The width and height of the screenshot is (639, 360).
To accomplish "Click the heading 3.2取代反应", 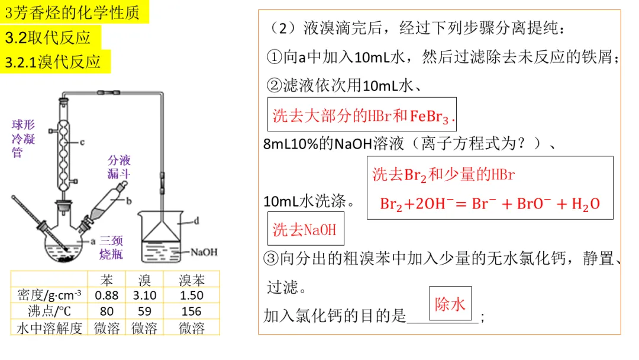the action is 48,38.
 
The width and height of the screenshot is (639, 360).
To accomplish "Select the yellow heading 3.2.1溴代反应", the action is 53,62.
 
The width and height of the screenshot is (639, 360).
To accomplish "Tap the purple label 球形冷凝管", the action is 24,139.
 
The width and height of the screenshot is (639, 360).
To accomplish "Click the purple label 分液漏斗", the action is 119,167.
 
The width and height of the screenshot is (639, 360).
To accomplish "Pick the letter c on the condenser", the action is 82,142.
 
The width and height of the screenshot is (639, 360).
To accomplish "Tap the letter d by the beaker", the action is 196,221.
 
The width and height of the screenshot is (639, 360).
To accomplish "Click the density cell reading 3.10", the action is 145,295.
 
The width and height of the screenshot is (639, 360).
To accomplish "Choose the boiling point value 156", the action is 191,311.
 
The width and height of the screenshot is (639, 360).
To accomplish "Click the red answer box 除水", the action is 450,304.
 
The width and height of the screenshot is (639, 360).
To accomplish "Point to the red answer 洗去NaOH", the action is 304,230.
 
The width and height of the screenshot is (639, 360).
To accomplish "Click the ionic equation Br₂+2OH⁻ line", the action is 489,204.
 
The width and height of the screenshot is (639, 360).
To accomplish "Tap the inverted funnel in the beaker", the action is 161,229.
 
